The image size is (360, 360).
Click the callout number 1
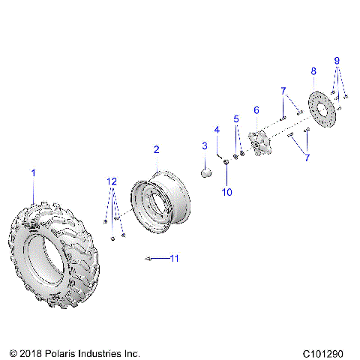[32, 173]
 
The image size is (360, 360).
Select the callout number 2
[156, 150]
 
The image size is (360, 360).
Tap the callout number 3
[204, 145]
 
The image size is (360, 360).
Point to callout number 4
[217, 130]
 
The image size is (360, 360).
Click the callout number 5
[235, 118]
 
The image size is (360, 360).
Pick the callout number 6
[256, 110]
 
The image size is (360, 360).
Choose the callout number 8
[313, 71]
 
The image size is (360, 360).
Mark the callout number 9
[337, 60]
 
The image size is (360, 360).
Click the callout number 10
[227, 192]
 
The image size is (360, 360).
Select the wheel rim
[162, 202]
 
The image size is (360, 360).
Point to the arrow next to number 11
[154, 258]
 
